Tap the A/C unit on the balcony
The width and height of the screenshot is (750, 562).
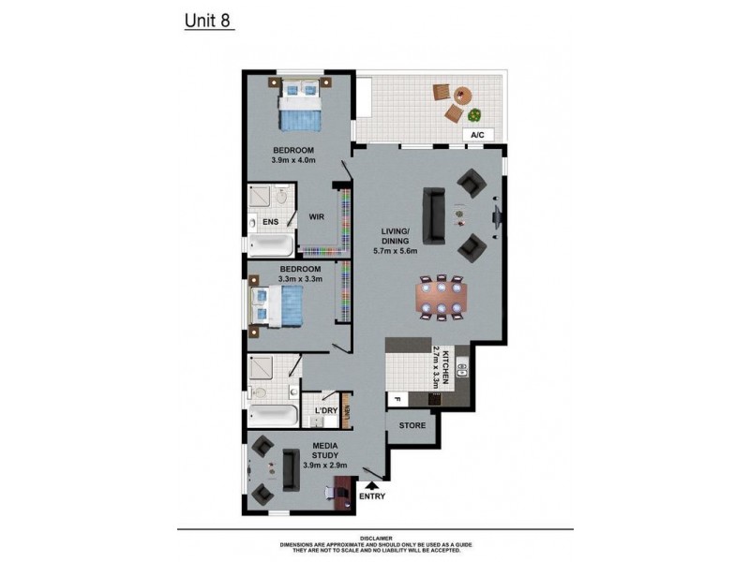(477, 135)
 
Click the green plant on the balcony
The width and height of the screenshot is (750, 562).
(475, 116)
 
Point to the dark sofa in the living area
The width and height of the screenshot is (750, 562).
(434, 214)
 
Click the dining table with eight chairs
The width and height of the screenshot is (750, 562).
(442, 299)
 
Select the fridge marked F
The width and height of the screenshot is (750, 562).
(397, 400)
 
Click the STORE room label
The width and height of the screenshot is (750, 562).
(412, 425)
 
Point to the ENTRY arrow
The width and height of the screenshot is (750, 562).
(372, 485)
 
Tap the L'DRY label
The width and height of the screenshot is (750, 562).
(326, 411)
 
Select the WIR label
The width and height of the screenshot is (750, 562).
(316, 217)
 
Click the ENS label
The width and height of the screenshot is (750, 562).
(270, 222)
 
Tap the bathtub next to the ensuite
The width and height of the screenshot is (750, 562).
(272, 245)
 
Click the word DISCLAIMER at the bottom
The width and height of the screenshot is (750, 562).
(374, 538)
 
